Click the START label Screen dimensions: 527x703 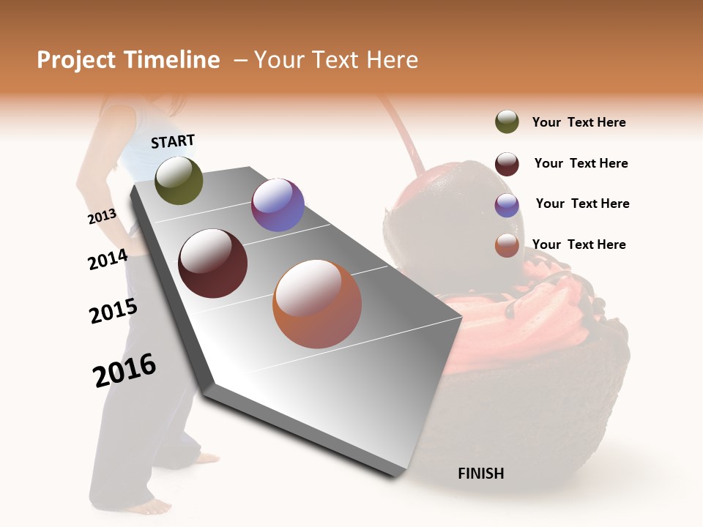(x=173, y=141)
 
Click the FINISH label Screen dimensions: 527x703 (x=480, y=474)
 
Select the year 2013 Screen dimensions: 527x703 (x=102, y=217)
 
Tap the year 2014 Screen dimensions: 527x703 (x=108, y=260)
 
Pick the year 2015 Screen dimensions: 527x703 (x=113, y=311)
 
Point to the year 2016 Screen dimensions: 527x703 (x=124, y=370)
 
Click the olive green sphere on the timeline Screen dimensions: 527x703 (x=179, y=180)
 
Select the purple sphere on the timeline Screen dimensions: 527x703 (x=278, y=205)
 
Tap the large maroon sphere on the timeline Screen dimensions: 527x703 (x=213, y=263)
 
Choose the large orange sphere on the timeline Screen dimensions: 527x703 (x=317, y=304)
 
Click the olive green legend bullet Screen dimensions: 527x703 (x=507, y=122)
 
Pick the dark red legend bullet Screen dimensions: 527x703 (x=507, y=163)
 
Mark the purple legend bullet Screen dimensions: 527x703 (x=507, y=205)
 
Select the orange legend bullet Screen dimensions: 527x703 (x=507, y=245)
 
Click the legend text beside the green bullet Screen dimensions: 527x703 (x=579, y=122)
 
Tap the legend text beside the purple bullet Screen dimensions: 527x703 (x=582, y=203)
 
